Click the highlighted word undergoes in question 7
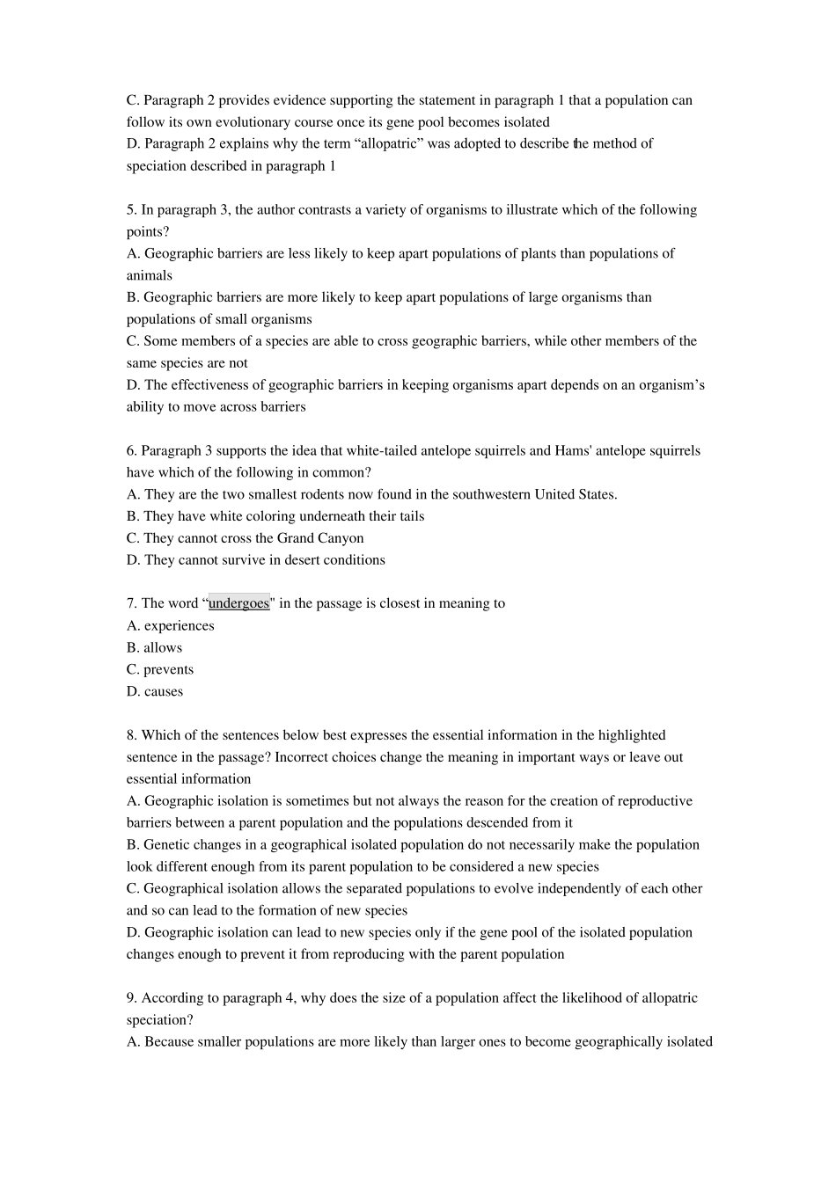pos(238,603)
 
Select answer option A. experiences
pos(170,625)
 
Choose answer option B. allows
pos(154,647)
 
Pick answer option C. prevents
pos(159,669)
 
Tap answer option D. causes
pos(155,691)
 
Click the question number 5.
pos(131,209)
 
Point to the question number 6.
pos(131,450)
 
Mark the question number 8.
pos(131,735)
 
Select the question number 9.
pos(131,998)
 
